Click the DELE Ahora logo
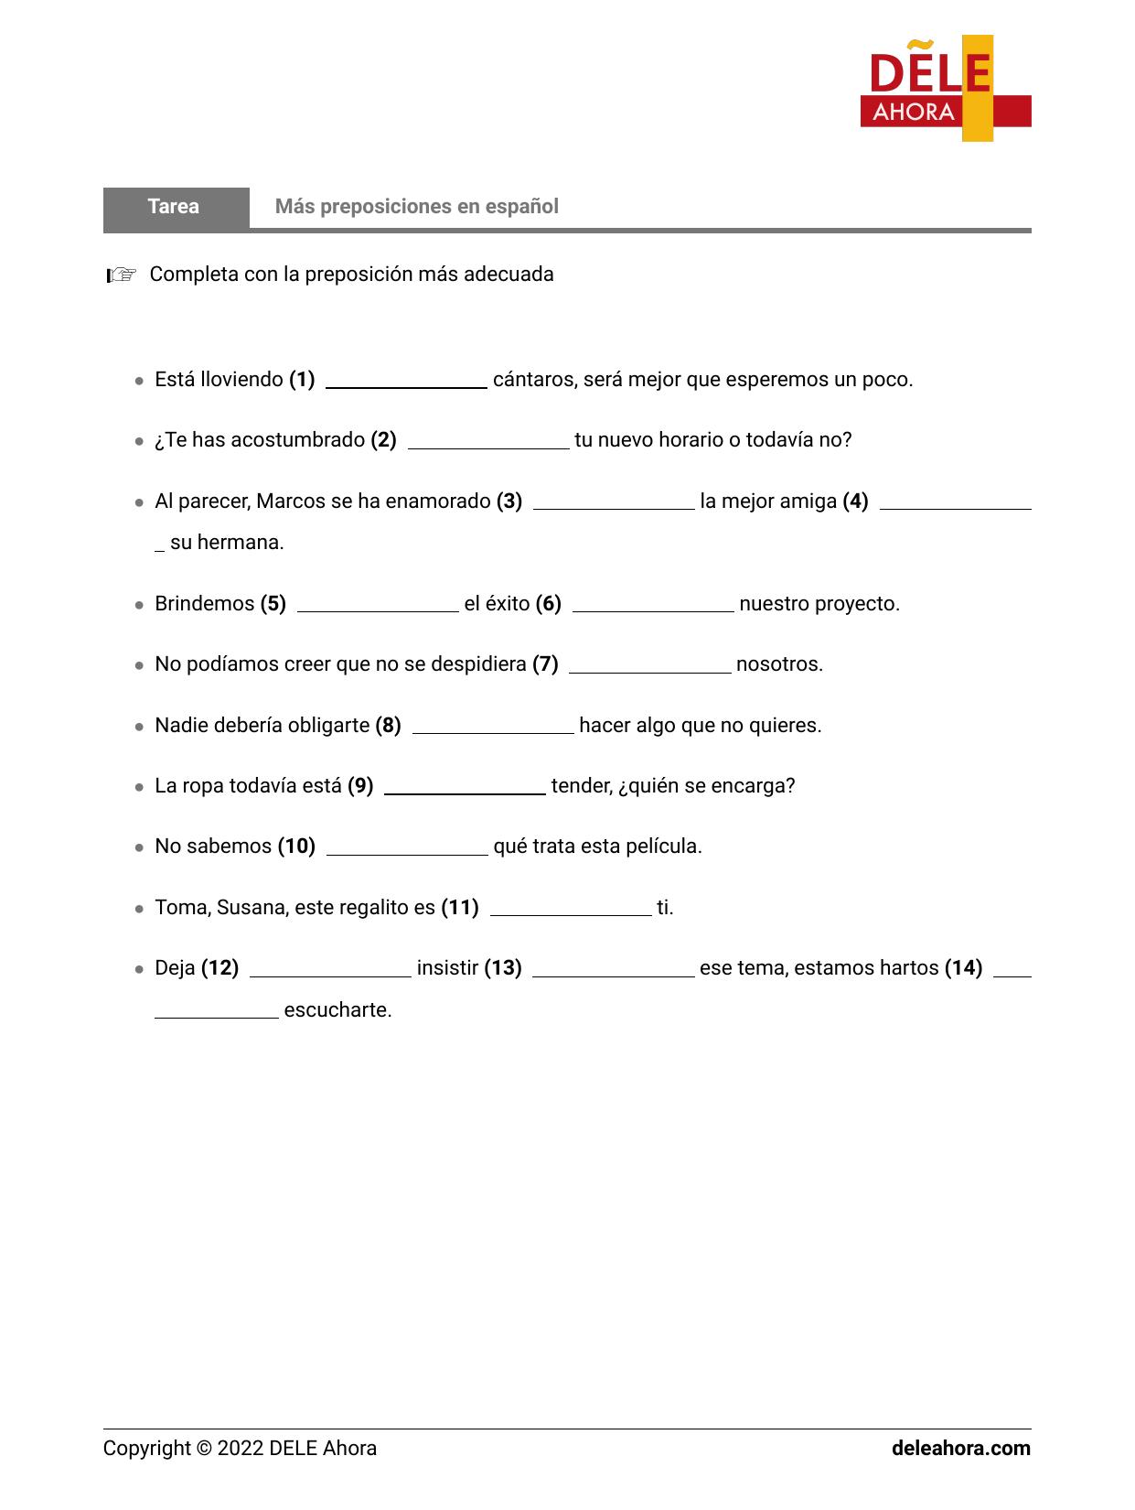(x=945, y=89)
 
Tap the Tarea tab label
(x=174, y=207)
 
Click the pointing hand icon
(x=121, y=275)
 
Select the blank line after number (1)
(x=406, y=383)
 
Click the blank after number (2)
(x=487, y=443)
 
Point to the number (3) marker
(x=509, y=502)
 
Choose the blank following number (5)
(x=378, y=606)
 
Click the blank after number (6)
(x=652, y=606)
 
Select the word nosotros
(x=778, y=664)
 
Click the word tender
(x=579, y=786)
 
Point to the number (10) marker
(x=296, y=847)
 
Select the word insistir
(x=447, y=968)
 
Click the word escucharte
(x=337, y=1010)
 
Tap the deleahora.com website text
(x=960, y=1449)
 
